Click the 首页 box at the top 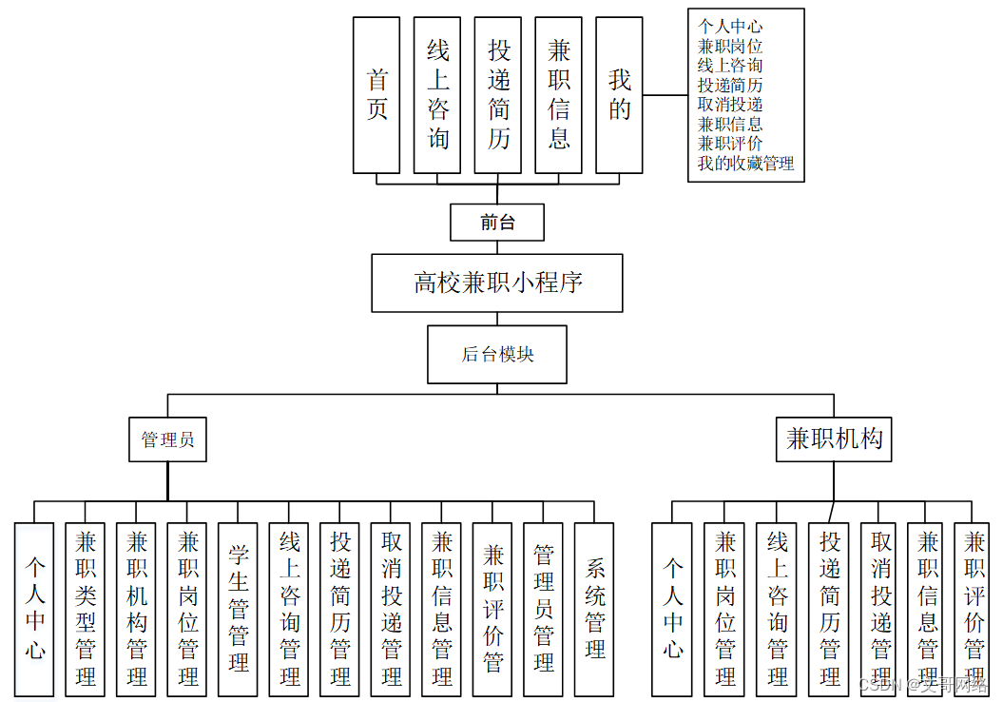pyautogui.click(x=376, y=95)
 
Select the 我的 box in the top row pyautogui.click(x=620, y=95)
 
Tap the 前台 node pyautogui.click(x=497, y=223)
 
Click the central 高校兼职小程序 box pyautogui.click(x=497, y=283)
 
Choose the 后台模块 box pyautogui.click(x=497, y=354)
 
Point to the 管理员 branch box pyautogui.click(x=168, y=439)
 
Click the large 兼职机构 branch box pyautogui.click(x=834, y=439)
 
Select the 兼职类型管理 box pyautogui.click(x=86, y=609)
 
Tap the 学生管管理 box pyautogui.click(x=238, y=609)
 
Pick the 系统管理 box pyautogui.click(x=594, y=609)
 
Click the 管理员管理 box pyautogui.click(x=543, y=609)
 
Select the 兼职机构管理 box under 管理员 pyautogui.click(x=137, y=609)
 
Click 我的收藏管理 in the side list pyautogui.click(x=745, y=164)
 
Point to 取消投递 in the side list pyautogui.click(x=730, y=105)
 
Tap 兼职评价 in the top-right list pyautogui.click(x=730, y=144)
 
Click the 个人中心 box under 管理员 pyautogui.click(x=34, y=609)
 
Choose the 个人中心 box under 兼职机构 pyautogui.click(x=672, y=609)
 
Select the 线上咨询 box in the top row pyautogui.click(x=437, y=95)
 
